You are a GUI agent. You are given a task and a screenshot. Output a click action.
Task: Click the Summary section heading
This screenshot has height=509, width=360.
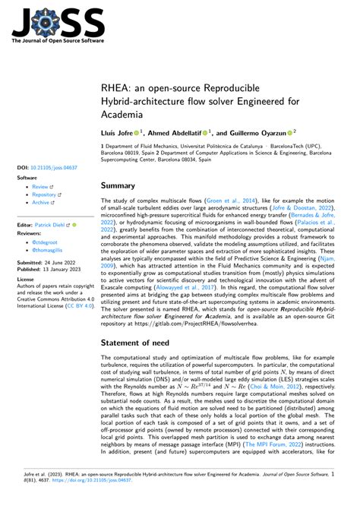pos(123,185)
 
